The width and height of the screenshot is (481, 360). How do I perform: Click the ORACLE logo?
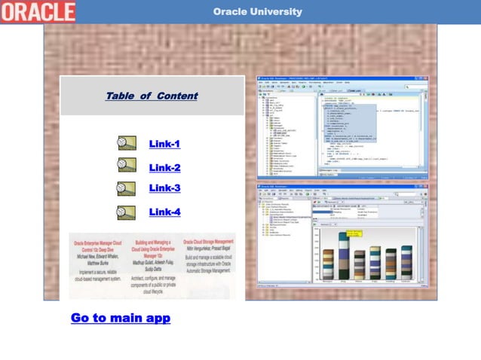coord(38,11)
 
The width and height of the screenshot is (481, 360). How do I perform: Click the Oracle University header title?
coord(257,11)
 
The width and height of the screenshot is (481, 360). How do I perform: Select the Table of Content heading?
coord(152,96)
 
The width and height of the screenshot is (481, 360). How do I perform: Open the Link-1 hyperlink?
coord(164,144)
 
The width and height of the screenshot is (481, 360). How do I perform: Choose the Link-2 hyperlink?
coord(164,168)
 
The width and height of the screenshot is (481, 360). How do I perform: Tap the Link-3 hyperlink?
coord(164,188)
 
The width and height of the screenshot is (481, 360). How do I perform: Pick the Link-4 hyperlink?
coord(164,212)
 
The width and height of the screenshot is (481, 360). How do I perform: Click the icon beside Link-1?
coord(126,143)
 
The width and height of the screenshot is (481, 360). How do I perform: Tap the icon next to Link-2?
coord(126,165)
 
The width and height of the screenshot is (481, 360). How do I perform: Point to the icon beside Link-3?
coord(126,187)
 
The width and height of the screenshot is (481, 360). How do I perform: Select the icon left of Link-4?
coord(126,212)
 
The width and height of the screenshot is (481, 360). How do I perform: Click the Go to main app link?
coord(121,318)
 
